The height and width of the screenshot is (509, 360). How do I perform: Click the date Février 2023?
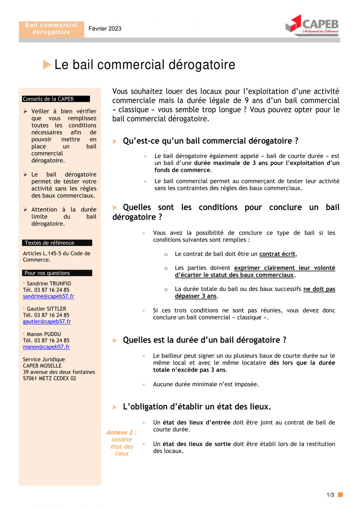coord(105,29)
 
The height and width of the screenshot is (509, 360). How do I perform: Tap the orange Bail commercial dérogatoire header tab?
coord(51,29)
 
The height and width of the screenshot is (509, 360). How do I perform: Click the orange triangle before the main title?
coord(47,65)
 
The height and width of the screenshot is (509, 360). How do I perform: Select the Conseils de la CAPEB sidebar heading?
coord(56,99)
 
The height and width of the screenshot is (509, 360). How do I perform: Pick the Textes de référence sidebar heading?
coord(57,243)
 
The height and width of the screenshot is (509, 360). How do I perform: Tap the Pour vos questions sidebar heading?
coord(57,273)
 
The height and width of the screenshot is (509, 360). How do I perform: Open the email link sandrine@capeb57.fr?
coord(48,296)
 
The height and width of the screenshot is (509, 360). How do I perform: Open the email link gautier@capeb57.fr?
coord(47,322)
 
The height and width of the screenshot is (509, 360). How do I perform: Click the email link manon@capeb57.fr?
coord(46,347)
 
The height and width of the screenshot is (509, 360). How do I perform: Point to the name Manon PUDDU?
coord(44,334)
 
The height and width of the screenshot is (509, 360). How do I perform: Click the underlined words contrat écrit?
coord(277,254)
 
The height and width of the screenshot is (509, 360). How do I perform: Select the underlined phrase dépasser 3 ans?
coord(196,296)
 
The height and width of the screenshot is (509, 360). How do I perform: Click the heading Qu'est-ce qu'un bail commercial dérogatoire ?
coord(210,141)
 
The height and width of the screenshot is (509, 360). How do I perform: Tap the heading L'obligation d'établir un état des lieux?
coord(197,407)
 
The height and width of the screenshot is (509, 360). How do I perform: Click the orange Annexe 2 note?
coord(122,443)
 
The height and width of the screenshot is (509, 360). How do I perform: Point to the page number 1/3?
coord(330,495)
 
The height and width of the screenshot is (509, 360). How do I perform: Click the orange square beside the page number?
coord(340,494)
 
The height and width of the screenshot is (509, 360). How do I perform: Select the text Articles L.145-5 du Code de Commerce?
coord(57,257)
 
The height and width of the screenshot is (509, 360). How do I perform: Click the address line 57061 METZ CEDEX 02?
coord(50,378)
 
